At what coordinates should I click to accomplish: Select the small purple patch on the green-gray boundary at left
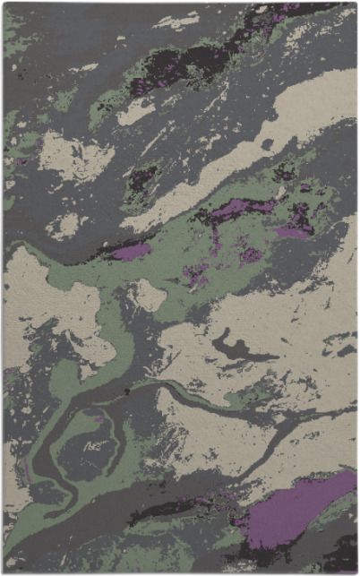pos(131,253)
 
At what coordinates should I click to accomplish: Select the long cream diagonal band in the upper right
pos(269,134)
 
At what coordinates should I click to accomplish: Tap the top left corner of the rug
pos(4,4)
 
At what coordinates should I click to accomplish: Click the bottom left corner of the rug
pos(4,572)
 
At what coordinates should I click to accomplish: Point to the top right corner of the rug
pos(355,4)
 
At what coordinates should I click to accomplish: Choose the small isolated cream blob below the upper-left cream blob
pos(67,224)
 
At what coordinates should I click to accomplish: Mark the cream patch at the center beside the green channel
pos(148,296)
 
